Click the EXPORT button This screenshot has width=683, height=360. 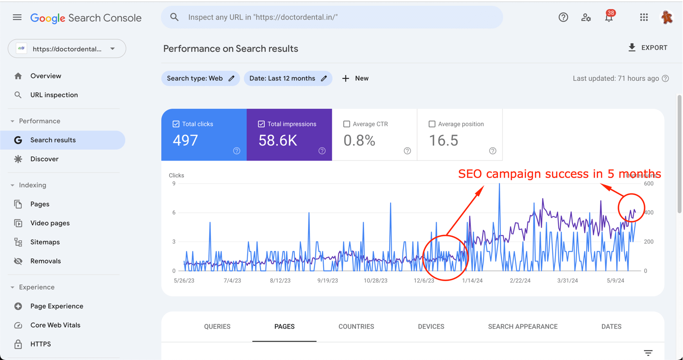tap(648, 47)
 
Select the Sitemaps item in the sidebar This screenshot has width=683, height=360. tap(45, 242)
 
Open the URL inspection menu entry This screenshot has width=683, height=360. tap(54, 95)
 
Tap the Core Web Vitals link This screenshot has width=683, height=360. tap(55, 325)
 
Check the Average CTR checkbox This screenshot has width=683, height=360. tap(346, 124)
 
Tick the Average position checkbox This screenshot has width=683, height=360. tap(432, 124)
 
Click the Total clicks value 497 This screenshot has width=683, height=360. tap(186, 140)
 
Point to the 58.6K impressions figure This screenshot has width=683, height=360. tap(278, 140)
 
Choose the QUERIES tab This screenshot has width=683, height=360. tap(217, 327)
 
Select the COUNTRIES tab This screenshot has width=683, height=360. tap(356, 327)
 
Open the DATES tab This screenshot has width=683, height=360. tap(611, 327)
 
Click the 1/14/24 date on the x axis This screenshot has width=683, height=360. tap(472, 281)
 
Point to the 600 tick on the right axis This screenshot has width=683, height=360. tap(648, 184)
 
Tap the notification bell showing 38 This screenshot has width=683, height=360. tap(609, 18)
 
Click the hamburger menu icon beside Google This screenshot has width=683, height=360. tap(17, 18)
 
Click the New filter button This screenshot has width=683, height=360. tap(356, 78)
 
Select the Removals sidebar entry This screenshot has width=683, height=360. tap(45, 261)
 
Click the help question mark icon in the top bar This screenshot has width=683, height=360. tap(563, 18)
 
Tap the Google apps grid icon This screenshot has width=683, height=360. tap(644, 18)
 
